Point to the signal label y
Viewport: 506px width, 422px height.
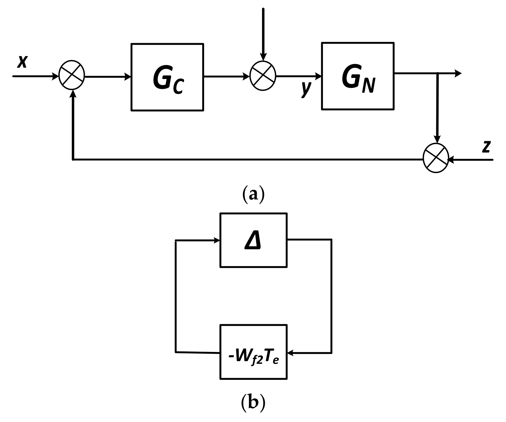(x=306, y=89)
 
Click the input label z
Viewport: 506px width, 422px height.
(x=486, y=147)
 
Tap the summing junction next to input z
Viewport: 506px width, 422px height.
(x=436, y=158)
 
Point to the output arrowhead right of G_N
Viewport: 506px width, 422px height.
(x=458, y=73)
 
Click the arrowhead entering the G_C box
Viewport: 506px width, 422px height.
(x=128, y=77)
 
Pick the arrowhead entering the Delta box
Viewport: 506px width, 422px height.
(x=217, y=240)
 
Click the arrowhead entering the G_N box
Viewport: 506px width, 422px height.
(x=318, y=76)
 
